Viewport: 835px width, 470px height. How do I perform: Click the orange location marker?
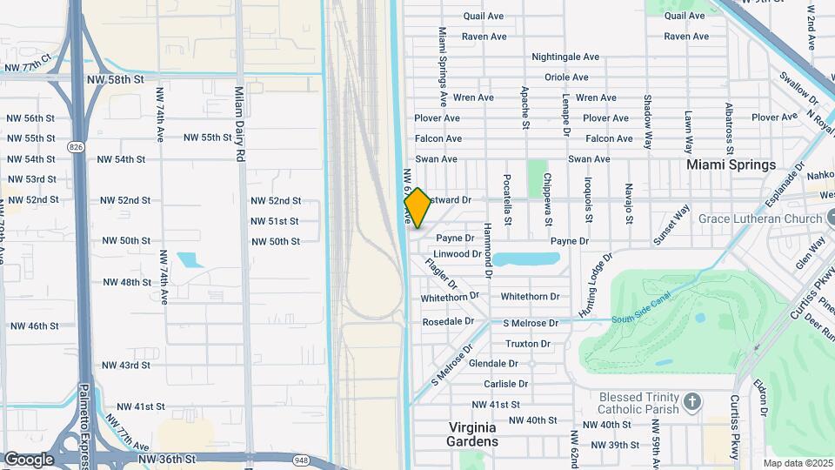tap(417, 208)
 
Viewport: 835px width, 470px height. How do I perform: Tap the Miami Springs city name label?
tap(731, 164)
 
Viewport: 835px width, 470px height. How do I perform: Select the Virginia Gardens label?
tap(472, 434)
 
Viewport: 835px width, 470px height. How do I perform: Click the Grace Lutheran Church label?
tap(759, 218)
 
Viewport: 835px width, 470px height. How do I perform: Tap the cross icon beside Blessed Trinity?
tap(692, 402)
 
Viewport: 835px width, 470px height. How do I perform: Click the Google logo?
tap(29, 459)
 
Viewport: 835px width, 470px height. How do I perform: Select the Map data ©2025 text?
tap(798, 463)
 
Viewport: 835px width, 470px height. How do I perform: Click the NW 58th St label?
tap(114, 79)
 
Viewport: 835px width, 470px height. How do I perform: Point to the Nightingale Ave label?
tap(565, 57)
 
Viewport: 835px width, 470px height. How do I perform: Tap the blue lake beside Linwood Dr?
tap(527, 258)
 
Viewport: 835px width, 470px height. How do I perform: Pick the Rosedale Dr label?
tap(448, 321)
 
